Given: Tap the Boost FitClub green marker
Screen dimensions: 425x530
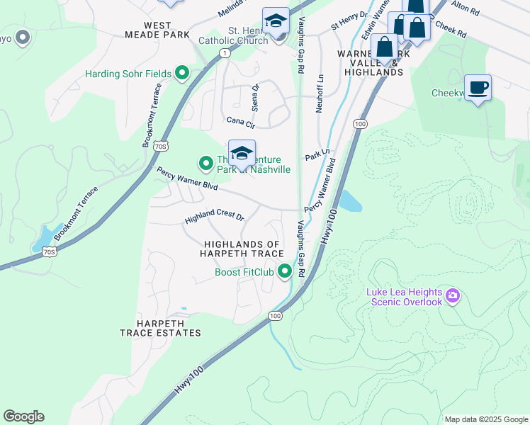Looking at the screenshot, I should (285, 271).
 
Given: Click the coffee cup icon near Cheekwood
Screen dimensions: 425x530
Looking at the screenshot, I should (478, 88).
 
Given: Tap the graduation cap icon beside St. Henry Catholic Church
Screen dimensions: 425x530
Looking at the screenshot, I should (275, 21).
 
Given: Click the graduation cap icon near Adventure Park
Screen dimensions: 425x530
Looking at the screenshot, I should (242, 154).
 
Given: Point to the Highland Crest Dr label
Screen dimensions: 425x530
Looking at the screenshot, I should (214, 217).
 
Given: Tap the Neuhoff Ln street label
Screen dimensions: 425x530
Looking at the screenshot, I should (320, 92).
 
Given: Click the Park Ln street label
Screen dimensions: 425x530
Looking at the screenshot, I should (317, 154).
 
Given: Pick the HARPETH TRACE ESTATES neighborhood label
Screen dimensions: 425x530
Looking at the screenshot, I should (160, 327).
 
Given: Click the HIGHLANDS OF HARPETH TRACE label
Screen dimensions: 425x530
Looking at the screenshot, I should (242, 248).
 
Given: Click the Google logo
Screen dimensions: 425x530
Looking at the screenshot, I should (23, 416).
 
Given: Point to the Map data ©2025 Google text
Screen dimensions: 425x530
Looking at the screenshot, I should (485, 419).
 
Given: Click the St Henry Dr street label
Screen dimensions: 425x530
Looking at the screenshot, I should (349, 20).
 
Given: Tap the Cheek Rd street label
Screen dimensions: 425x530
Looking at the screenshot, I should (451, 29).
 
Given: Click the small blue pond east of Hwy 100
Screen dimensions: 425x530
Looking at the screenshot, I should (350, 201).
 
